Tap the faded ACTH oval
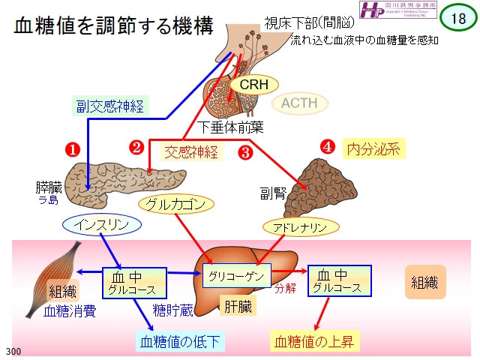[x=300, y=103]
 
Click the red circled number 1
[x=73, y=149]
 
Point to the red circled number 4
[x=326, y=147]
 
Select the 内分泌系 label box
[x=373, y=148]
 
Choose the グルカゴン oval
[x=175, y=203]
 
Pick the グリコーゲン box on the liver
[x=236, y=275]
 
